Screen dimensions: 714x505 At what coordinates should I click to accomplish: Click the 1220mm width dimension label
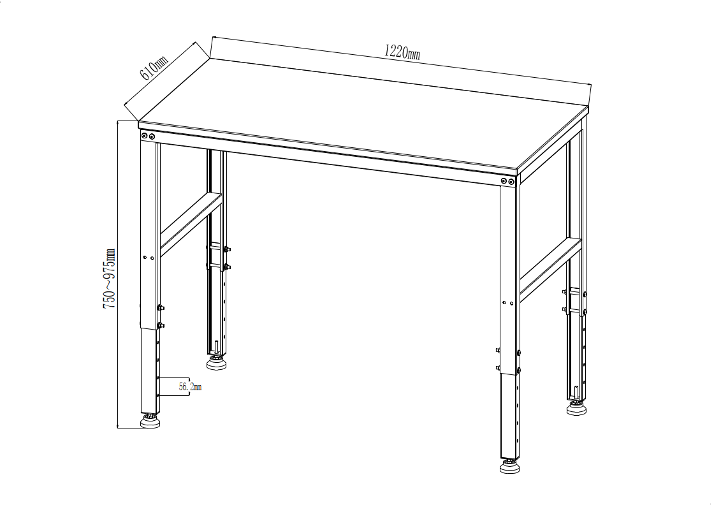pyautogui.click(x=402, y=52)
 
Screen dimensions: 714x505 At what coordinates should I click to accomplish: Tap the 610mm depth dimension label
pyautogui.click(x=154, y=68)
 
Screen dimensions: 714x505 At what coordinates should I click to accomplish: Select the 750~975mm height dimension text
pyautogui.click(x=109, y=279)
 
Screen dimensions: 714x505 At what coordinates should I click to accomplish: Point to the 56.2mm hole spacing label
pyautogui.click(x=190, y=387)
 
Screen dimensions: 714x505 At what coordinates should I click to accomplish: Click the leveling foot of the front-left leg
pyautogui.click(x=150, y=421)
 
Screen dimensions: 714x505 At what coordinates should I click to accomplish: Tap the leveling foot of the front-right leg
pyautogui.click(x=509, y=466)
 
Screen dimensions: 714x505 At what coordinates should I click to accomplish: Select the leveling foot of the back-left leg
pyautogui.click(x=217, y=363)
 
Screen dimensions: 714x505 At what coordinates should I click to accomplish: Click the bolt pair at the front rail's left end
pyautogui.click(x=148, y=136)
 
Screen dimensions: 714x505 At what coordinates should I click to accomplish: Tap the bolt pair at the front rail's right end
pyautogui.click(x=507, y=181)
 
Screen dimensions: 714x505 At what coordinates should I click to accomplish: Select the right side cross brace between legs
pyautogui.click(x=551, y=270)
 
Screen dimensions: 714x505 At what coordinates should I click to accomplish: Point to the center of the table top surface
pyautogui.click(x=363, y=115)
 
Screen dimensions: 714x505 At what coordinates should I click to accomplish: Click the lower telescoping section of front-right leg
pyautogui.click(x=509, y=416)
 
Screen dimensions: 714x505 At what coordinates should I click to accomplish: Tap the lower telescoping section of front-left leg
pyautogui.click(x=150, y=370)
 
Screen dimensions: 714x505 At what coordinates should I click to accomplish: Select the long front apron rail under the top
pyautogui.click(x=328, y=158)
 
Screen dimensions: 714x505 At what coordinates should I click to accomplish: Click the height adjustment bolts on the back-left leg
pyautogui.click(x=227, y=258)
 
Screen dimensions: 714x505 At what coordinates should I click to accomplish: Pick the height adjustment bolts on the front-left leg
pyautogui.click(x=160, y=316)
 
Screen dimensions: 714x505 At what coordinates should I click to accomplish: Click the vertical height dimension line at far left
pyautogui.click(x=117, y=274)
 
